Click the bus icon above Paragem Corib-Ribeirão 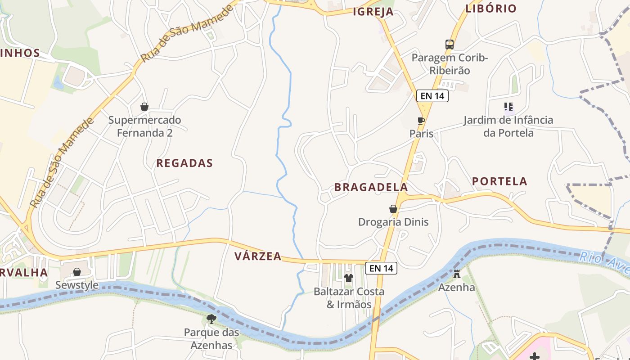point(449,44)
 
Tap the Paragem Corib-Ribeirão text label point(449,64)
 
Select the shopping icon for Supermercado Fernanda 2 point(144,107)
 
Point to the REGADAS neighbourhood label point(184,163)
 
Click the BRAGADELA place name point(371,187)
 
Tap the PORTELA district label point(499,181)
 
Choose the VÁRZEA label point(258,256)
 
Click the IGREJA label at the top point(373,12)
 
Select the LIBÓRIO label point(491,9)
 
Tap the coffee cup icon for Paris point(421,121)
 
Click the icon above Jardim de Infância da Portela point(508,107)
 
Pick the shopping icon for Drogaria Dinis point(393,209)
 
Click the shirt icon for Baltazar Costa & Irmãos point(349,278)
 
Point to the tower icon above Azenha point(457,274)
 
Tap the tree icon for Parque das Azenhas point(211,319)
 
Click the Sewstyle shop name point(77,285)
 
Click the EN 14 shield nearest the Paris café point(432,95)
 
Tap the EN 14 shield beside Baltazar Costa point(381,268)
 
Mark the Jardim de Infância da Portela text point(508,126)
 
